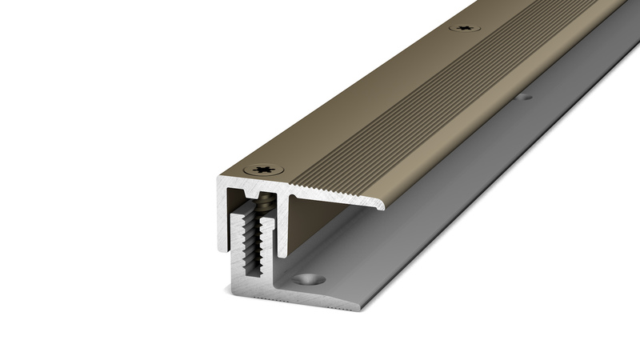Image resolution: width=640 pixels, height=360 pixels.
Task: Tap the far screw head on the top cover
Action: (x=464, y=29)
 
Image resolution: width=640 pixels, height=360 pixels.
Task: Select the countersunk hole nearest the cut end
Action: (x=309, y=281)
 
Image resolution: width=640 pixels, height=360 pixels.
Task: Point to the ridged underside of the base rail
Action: (x=320, y=304)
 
